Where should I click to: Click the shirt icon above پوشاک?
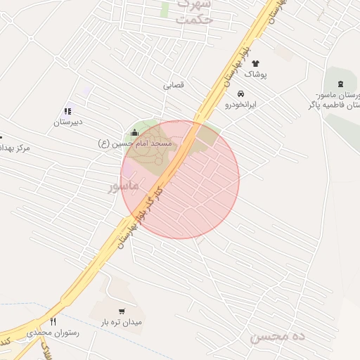255,64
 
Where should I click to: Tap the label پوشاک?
255,74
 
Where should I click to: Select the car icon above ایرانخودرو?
241,94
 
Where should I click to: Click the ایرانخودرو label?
241,104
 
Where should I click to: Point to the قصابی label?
174,85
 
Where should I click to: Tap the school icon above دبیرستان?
67,111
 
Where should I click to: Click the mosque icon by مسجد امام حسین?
135,132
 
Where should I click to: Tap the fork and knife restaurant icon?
53,321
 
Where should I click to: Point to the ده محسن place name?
278,337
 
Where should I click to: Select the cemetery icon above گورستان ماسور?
341,84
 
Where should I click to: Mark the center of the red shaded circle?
180,179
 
